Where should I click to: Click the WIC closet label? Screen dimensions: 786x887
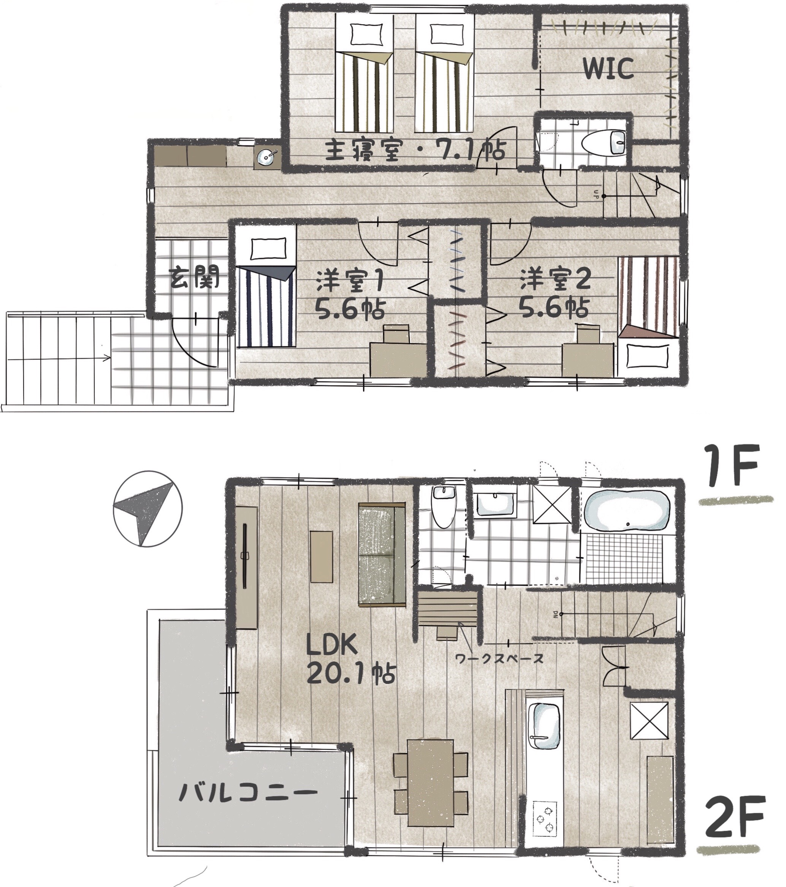tap(608, 68)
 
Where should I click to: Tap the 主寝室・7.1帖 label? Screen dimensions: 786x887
tap(415, 150)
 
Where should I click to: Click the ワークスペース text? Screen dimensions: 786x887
tap(499, 659)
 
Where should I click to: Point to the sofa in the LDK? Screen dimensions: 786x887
tap(382, 554)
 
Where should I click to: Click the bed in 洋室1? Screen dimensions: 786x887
tap(266, 286)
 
